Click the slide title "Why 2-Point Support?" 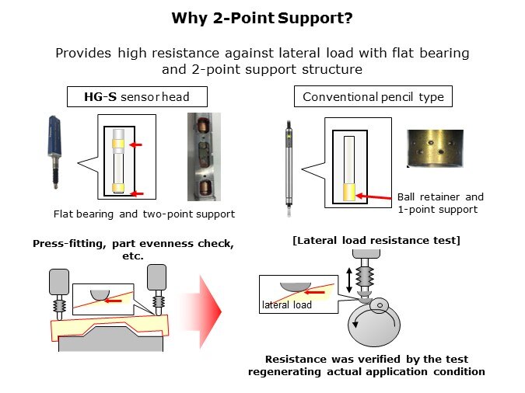click(x=262, y=17)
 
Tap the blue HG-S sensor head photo click(x=58, y=148)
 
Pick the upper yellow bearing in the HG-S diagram click(x=120, y=144)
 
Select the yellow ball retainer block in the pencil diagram click(x=348, y=191)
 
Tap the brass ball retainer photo click(x=436, y=148)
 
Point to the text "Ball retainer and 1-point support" click(x=440, y=203)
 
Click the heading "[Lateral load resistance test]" click(x=376, y=240)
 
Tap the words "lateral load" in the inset click(x=287, y=305)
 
